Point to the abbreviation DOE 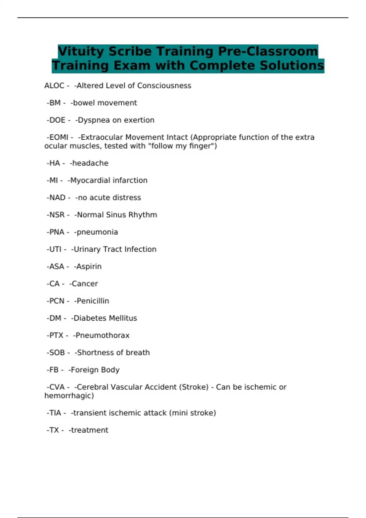(57, 120)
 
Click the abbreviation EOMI (59, 137)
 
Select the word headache (90, 163)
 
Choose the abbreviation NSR (57, 215)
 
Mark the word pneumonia (97, 232)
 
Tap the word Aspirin (89, 267)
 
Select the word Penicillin (93, 301)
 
